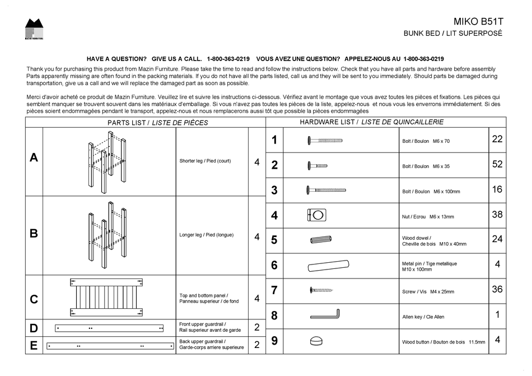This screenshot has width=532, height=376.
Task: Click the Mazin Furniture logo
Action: [x=34, y=29]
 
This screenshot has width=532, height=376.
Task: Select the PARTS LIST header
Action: [x=157, y=123]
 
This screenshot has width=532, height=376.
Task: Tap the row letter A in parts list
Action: [x=34, y=158]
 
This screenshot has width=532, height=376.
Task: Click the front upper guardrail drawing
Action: [x=109, y=328]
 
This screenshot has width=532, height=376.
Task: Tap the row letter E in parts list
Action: [x=34, y=345]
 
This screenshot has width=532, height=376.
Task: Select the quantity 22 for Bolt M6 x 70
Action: [x=497, y=140]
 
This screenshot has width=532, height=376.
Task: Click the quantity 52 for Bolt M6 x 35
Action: [x=497, y=165]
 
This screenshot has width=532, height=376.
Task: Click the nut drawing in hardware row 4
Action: [x=316, y=215]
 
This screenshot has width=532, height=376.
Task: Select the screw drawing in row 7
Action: [x=321, y=290]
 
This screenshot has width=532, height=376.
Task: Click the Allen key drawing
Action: [x=325, y=315]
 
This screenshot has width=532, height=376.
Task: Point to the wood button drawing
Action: [x=317, y=341]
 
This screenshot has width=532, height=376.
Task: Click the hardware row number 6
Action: [x=274, y=265]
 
